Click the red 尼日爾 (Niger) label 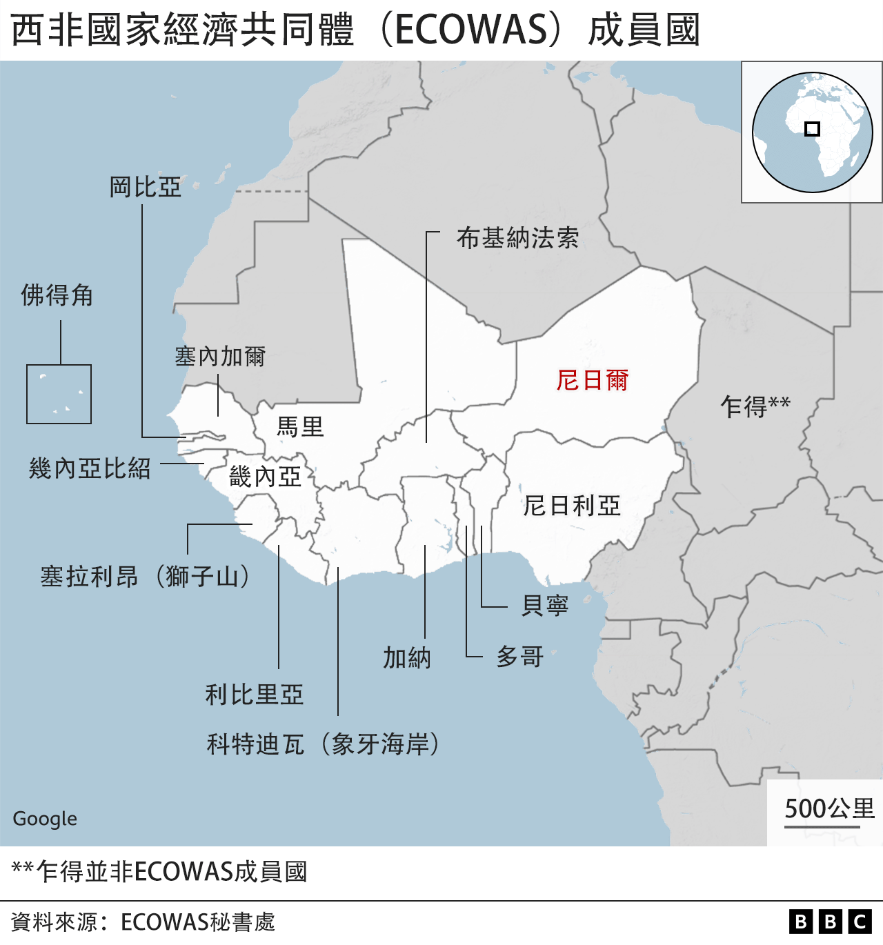point(592,380)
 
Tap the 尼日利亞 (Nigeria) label point(572,506)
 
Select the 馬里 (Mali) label point(300,427)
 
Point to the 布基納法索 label point(517,238)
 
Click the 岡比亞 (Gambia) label point(145,187)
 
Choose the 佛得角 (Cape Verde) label point(57,295)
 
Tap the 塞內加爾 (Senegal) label point(220,357)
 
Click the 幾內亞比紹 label point(90,468)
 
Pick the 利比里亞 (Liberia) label point(254,694)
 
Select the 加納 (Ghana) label point(407,657)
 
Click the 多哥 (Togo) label point(520,656)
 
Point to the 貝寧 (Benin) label point(545,605)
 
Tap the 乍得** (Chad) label point(755,406)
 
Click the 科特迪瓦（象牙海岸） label point(323,744)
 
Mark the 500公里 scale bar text point(829,808)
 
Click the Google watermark point(45,819)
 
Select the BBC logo point(831,922)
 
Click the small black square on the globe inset point(812,129)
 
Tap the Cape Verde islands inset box point(59,394)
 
